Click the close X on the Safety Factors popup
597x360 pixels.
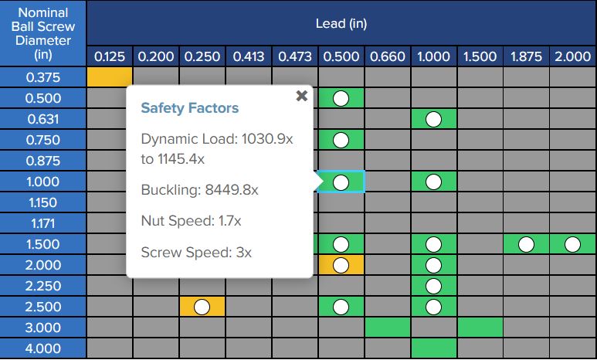(x=301, y=96)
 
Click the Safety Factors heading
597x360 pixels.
(x=189, y=108)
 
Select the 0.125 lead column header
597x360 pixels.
(x=109, y=56)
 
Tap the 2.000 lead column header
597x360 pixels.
(x=572, y=56)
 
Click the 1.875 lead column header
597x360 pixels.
(x=526, y=56)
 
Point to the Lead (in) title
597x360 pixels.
(x=341, y=23)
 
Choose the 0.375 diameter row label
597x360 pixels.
(x=43, y=77)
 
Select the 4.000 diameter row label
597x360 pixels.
(x=43, y=348)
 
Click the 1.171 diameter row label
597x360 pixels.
(x=43, y=223)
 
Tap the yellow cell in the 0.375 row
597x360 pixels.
(x=110, y=77)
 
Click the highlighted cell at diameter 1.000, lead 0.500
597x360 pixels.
(x=341, y=182)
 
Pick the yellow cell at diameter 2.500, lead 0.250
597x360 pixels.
(x=202, y=307)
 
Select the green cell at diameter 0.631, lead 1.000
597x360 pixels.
(x=433, y=119)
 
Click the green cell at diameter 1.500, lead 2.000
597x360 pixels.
(x=572, y=244)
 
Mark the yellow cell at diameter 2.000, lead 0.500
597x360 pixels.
(x=341, y=265)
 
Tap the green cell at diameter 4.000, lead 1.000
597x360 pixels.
(x=433, y=348)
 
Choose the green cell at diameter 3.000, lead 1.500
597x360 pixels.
(x=480, y=328)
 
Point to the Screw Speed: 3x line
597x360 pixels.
(x=196, y=252)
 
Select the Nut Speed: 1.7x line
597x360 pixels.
(x=191, y=221)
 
